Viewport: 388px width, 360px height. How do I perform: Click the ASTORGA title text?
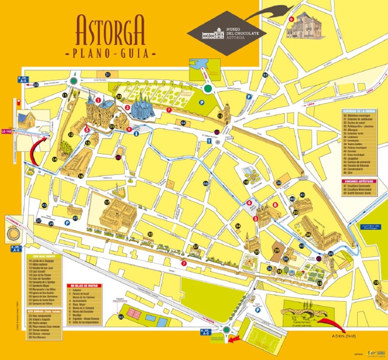pos(111,30)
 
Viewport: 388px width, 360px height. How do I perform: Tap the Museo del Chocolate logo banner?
pos(226,33)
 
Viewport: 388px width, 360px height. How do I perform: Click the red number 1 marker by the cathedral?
pos(90,100)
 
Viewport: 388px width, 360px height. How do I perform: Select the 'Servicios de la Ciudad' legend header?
pos(359,111)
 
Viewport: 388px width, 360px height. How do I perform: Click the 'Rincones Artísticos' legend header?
pos(359,180)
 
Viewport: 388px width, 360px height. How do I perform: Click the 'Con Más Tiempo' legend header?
pos(43,255)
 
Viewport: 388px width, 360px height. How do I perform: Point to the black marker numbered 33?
pos(121,317)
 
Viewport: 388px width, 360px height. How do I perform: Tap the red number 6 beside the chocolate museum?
pos(292,19)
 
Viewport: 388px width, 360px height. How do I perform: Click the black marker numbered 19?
pos(320,284)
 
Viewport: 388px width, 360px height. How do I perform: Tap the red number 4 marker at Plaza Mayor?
pos(249,203)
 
